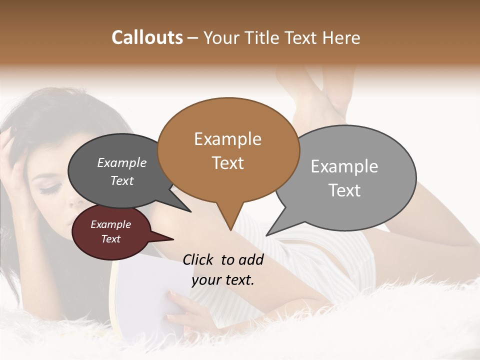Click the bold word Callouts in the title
tap(147, 37)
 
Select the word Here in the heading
tap(341, 38)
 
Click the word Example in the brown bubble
tap(227, 139)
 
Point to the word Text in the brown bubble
tap(227, 162)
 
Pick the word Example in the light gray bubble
tap(344, 166)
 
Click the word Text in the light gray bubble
tap(344, 190)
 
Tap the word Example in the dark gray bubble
tap(121, 162)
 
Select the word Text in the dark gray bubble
tap(121, 180)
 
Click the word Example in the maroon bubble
tap(110, 224)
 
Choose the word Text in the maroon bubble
tap(110, 239)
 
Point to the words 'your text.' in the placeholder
tap(222, 280)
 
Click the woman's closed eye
tap(50, 189)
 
